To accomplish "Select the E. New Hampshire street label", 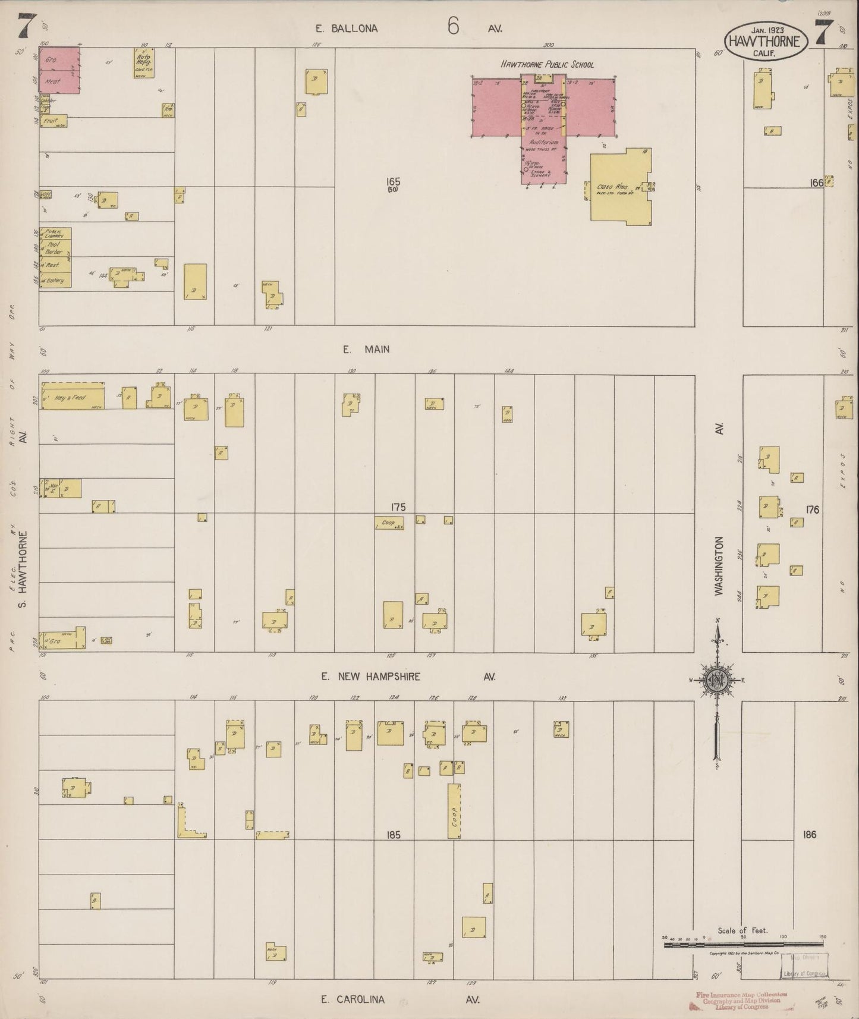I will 370,677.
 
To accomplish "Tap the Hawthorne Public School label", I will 547,64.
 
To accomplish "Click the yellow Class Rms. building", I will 618,189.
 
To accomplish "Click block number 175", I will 398,507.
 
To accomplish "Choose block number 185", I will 393,835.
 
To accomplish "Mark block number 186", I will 809,835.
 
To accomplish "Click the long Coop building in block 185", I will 454,811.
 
